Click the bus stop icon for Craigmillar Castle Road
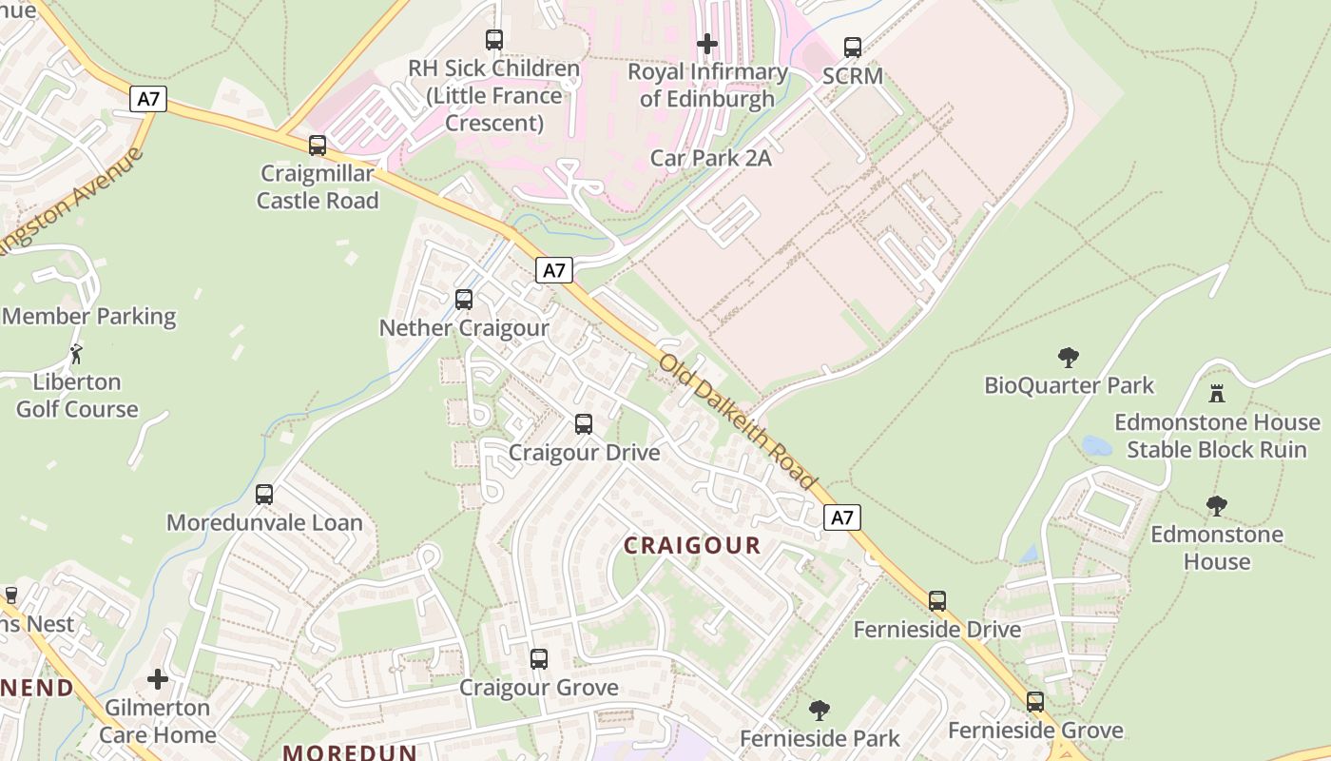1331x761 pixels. click(318, 146)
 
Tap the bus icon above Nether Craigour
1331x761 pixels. click(464, 300)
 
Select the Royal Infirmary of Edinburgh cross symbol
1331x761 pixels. click(707, 44)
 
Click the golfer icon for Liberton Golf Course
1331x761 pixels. click(76, 355)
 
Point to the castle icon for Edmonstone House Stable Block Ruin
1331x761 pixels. click(1217, 394)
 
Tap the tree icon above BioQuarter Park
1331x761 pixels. click(1069, 358)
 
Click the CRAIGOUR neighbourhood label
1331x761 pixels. click(692, 545)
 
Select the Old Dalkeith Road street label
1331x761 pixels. click(738, 421)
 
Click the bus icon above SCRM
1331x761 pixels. click(853, 48)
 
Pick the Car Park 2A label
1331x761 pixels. click(710, 158)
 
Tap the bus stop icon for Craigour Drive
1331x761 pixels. click(584, 424)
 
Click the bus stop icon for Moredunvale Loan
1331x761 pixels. click(264, 495)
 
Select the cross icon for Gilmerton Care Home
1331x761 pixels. click(158, 679)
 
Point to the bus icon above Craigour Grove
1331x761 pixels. click(539, 659)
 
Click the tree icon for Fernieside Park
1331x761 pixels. click(819, 711)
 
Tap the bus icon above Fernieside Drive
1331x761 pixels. click(937, 601)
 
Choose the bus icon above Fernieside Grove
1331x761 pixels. click(1035, 702)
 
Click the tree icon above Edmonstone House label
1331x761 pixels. click(1217, 506)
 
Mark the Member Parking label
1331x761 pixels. click(89, 317)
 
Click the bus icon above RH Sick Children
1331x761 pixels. click(494, 40)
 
